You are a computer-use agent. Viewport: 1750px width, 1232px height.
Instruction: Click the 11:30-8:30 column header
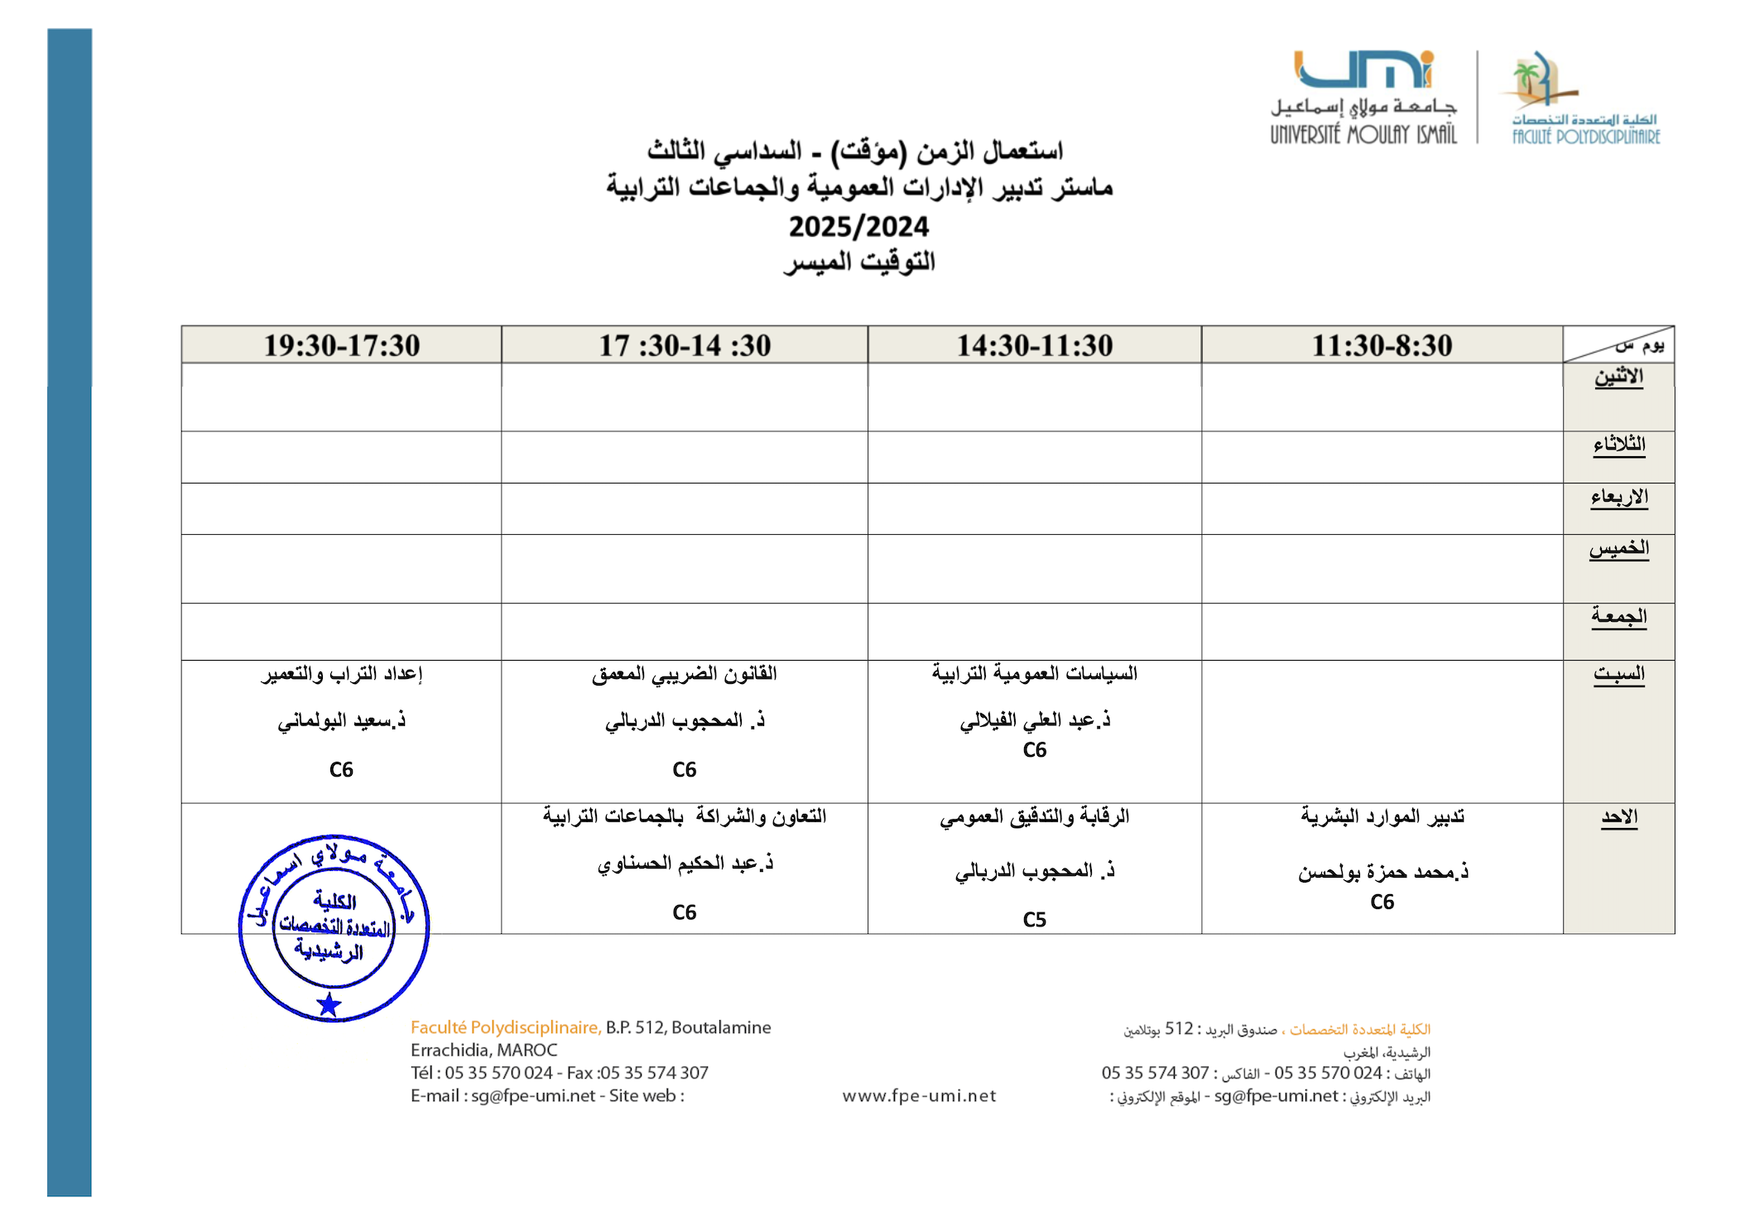point(1382,345)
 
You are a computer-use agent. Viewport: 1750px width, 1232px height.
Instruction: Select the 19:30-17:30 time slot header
point(341,345)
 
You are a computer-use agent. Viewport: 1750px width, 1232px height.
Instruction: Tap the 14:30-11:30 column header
point(1034,345)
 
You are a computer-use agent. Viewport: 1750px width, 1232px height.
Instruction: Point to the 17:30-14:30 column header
point(685,345)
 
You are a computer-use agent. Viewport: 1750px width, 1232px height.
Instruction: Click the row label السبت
point(1618,674)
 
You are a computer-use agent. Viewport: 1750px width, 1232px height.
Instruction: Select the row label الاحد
point(1618,817)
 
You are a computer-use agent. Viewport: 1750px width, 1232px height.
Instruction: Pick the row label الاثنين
point(1618,377)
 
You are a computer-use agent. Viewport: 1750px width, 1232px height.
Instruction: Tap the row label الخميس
point(1618,548)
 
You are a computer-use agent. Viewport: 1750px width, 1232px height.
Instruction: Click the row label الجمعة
point(1618,617)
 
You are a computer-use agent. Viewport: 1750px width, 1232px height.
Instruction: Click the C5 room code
point(1034,920)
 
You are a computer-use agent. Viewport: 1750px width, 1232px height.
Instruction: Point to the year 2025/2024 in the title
point(858,227)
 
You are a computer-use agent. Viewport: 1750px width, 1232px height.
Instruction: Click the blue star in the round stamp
point(329,1004)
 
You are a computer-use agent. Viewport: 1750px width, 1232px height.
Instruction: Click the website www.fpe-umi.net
point(919,1096)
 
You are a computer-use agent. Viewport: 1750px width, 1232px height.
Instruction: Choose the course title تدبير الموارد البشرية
point(1382,816)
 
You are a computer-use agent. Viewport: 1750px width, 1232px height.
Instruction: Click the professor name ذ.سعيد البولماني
point(341,721)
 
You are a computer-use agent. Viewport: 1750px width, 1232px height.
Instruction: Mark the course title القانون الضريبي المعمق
point(685,674)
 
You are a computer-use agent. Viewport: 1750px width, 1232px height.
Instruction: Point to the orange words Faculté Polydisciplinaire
point(505,1027)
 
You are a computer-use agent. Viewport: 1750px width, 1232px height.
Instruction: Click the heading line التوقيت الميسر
point(858,262)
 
